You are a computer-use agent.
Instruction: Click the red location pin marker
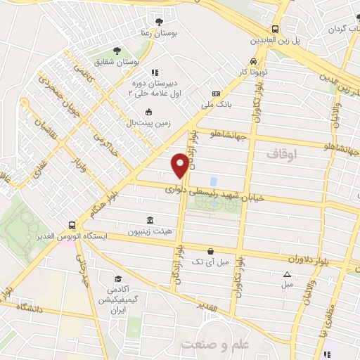pos(180,165)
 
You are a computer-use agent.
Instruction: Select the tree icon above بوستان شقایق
pos(117,51)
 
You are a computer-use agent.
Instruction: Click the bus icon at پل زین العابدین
pos(275,30)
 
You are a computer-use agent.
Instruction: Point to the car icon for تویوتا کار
pos(253,61)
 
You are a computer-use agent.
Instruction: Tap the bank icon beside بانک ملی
pos(215,94)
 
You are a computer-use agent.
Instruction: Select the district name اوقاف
pos(284,153)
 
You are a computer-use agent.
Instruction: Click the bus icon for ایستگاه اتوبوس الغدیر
pos(72,226)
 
